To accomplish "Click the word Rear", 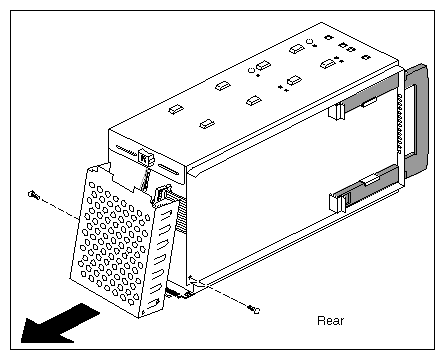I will coord(330,321).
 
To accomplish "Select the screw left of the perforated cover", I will coord(33,193).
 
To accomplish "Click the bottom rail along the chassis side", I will coord(300,255).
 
